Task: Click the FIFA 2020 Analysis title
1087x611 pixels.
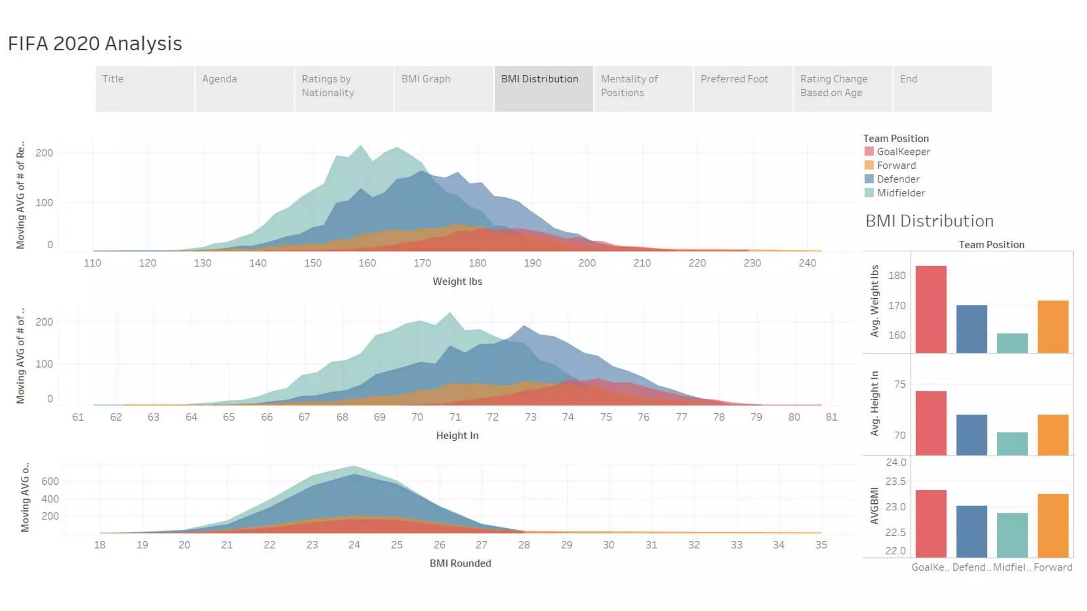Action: point(95,43)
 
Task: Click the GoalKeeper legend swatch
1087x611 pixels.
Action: point(869,152)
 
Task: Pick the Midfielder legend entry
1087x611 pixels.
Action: point(900,193)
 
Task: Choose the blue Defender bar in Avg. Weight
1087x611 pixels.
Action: point(971,329)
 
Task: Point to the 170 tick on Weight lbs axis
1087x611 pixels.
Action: point(422,263)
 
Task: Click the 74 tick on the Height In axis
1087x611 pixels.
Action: point(568,417)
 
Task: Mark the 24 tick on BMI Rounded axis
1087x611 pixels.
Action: point(354,545)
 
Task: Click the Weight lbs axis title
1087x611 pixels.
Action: point(457,282)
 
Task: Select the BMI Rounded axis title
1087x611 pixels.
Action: point(460,563)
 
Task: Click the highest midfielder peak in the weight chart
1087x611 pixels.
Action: point(361,146)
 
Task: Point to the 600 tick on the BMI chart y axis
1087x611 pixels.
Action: point(50,482)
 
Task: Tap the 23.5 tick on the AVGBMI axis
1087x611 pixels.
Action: point(895,482)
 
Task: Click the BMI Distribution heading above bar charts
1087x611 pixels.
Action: point(929,221)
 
